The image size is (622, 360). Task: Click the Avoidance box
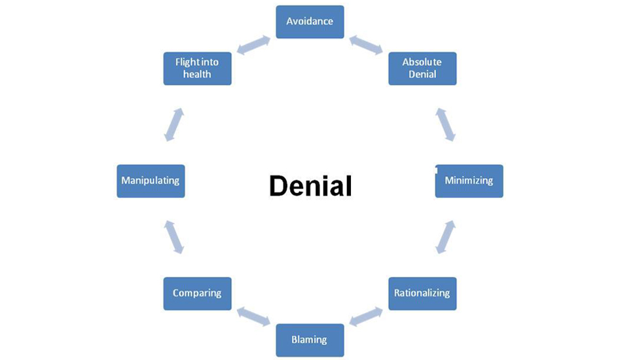coord(310,22)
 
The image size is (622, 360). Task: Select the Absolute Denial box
coord(422,68)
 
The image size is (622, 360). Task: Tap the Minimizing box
coord(469,181)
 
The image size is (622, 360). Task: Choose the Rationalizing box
coord(422,293)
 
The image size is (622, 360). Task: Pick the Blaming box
coord(310,340)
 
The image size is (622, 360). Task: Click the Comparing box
coord(197,293)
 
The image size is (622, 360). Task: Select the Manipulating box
coord(151,181)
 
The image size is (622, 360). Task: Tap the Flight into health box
coord(197,68)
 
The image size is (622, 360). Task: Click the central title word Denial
coord(310,187)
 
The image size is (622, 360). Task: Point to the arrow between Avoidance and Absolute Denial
coord(366,45)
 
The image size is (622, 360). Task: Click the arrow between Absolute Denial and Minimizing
coord(445,124)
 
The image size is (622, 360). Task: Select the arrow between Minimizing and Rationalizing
coord(445,237)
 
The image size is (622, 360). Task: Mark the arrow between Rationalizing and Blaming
coord(366,316)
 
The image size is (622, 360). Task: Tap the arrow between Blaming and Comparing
coord(253,316)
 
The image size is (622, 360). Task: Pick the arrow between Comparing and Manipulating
coord(174,237)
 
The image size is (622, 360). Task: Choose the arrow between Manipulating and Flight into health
coord(174,124)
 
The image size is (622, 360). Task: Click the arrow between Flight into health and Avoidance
coord(253,45)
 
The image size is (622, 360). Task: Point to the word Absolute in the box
coord(422,62)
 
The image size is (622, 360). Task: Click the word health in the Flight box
coord(197,75)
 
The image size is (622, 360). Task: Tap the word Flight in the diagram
coord(187,62)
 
